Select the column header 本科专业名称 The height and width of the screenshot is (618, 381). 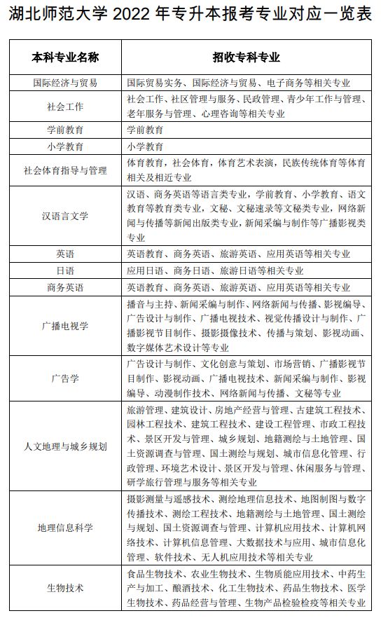[x=65, y=57]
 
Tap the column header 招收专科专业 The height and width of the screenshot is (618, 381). [x=246, y=57]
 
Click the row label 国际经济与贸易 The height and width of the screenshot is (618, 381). [x=65, y=83]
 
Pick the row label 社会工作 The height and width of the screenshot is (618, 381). [x=65, y=107]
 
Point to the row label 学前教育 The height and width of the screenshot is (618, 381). [x=65, y=130]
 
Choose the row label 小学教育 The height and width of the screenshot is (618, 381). [x=65, y=147]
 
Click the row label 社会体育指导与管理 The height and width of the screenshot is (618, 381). [x=65, y=170]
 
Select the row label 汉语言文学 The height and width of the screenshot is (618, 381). [x=65, y=215]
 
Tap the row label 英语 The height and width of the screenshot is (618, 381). [x=65, y=254]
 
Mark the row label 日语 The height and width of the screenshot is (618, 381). [x=65, y=270]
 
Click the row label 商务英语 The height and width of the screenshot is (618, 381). [x=65, y=287]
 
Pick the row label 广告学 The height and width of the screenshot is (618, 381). [x=65, y=378]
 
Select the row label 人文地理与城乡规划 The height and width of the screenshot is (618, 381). [x=65, y=446]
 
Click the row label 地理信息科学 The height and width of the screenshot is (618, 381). [x=65, y=527]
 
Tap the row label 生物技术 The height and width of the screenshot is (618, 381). [x=65, y=588]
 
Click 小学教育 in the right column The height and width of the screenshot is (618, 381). [x=145, y=147]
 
